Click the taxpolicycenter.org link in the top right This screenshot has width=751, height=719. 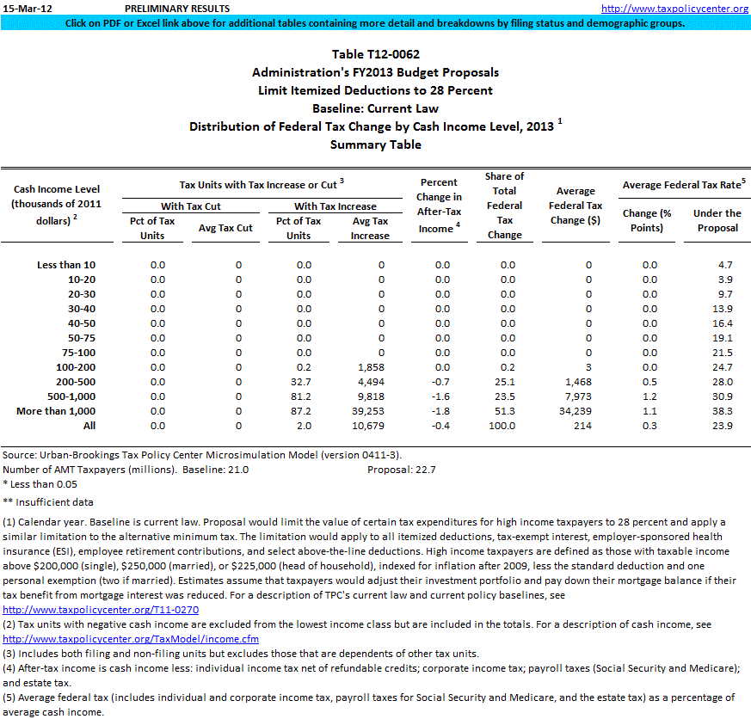tap(674, 9)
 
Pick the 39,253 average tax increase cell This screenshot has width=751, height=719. tap(370, 411)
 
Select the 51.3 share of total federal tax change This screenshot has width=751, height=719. tap(508, 411)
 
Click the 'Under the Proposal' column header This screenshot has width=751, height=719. tap(717, 220)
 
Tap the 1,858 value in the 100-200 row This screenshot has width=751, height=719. tap(371, 367)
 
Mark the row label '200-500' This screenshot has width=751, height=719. tap(75, 382)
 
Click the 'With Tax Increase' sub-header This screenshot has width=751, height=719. tap(335, 206)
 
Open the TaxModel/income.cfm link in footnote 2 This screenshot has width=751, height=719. tap(131, 639)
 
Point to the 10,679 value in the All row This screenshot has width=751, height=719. tap(370, 426)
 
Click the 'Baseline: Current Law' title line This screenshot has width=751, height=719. tap(375, 108)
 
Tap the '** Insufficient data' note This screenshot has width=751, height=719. tap(48, 502)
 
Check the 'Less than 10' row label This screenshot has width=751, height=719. tap(66, 265)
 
